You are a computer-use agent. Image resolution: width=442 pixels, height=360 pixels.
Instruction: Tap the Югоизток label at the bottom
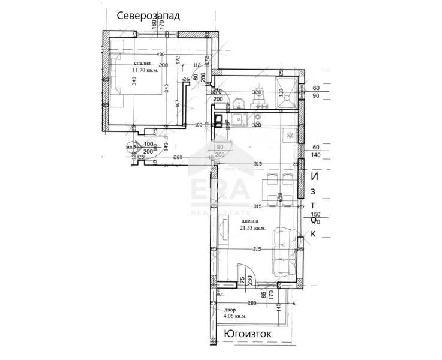coord(247,333)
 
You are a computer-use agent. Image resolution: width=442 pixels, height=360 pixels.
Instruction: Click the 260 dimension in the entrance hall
coord(178,158)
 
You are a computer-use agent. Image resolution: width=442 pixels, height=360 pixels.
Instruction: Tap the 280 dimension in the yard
coord(252,303)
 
